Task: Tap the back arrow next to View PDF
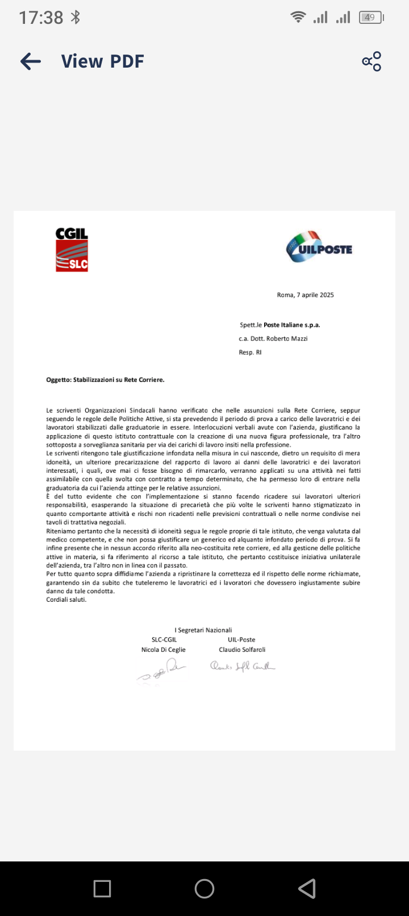31,61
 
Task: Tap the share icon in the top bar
372,61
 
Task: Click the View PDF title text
103,61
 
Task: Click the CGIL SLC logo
72,250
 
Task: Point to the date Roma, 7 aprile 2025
305,295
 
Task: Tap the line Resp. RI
250,352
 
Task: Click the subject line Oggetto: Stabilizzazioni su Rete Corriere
105,380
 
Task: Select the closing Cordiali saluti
66,599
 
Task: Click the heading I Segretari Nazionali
203,630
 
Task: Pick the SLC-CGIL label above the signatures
164,640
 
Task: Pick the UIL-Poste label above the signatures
241,640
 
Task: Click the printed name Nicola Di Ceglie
164,649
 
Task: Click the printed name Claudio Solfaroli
242,649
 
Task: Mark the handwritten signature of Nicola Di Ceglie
162,671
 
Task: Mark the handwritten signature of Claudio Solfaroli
243,667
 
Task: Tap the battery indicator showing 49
370,18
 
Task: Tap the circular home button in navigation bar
204,889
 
